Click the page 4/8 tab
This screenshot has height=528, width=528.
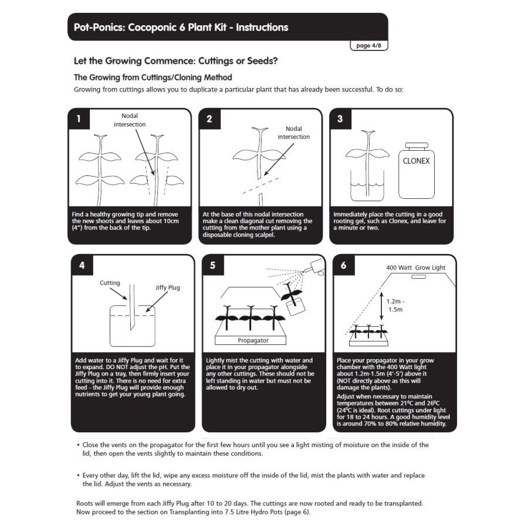pos(369,45)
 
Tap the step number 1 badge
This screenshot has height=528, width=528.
pos(79,119)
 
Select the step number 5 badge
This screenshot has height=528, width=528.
pos(213,265)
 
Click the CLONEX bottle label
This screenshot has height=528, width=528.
pos(416,161)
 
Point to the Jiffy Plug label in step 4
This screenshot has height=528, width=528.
pos(167,287)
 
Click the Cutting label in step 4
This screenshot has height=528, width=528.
pos(110,283)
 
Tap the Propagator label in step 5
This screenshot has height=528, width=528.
pos(253,340)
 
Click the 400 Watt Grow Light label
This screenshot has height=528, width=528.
pos(415,268)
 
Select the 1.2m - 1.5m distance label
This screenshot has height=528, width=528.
pos(395,306)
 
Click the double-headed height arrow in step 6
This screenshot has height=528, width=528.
pos(381,306)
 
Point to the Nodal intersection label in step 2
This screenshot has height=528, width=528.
pos(294,133)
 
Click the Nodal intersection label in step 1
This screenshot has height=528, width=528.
pos(130,120)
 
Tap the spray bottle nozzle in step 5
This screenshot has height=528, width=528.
pos(314,267)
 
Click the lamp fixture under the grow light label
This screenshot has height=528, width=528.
pos(418,277)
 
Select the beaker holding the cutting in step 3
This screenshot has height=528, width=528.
pos(367,185)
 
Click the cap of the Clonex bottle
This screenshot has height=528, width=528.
pos(417,146)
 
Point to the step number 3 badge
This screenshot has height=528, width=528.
pos(340,119)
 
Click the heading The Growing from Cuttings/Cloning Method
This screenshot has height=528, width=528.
pos(153,77)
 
